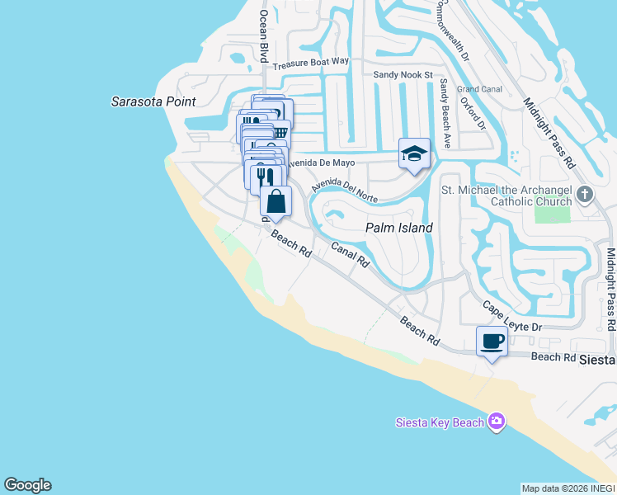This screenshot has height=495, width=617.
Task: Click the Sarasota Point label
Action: tap(154, 101)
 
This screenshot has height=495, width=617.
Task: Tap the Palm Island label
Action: tap(400, 227)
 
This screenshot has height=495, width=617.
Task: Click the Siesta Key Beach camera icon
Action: tap(496, 422)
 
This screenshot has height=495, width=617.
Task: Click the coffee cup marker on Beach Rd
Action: tap(492, 342)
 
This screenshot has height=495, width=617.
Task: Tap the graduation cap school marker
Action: tap(414, 154)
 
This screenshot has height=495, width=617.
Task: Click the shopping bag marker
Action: tap(276, 201)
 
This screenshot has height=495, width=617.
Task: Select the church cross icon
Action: tap(585, 196)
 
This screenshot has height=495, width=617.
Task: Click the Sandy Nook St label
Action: tap(403, 74)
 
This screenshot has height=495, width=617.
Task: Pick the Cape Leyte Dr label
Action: tap(511, 318)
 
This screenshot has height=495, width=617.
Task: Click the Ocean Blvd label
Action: tap(265, 36)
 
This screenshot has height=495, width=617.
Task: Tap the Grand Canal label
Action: tap(479, 88)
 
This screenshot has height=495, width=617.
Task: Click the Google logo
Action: tap(27, 485)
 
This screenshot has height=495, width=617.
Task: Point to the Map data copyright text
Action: tap(567, 488)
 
